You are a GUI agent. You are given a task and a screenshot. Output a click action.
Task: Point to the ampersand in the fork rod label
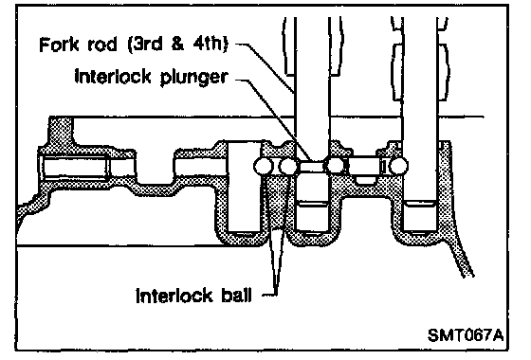178,45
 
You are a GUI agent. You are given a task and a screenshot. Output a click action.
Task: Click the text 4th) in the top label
211,45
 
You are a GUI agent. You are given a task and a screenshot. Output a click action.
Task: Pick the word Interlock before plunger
113,77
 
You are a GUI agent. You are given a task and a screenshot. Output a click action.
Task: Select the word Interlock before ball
174,296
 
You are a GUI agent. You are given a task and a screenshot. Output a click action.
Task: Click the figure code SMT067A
466,335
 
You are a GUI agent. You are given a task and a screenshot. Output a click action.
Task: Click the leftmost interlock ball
264,166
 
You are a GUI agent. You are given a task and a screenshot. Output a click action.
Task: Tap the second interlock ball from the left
288,166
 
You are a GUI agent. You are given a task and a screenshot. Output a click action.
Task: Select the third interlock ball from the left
334,166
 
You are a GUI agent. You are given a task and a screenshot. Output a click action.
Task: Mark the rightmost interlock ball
398,166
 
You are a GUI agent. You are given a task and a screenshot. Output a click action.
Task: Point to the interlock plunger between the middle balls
312,166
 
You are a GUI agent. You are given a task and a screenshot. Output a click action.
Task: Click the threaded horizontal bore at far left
76,167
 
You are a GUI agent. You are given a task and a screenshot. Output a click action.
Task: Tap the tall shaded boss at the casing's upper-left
61,132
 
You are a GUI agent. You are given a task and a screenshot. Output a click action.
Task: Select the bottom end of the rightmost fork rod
420,232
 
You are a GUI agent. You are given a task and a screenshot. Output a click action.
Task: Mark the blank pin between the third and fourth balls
364,166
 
